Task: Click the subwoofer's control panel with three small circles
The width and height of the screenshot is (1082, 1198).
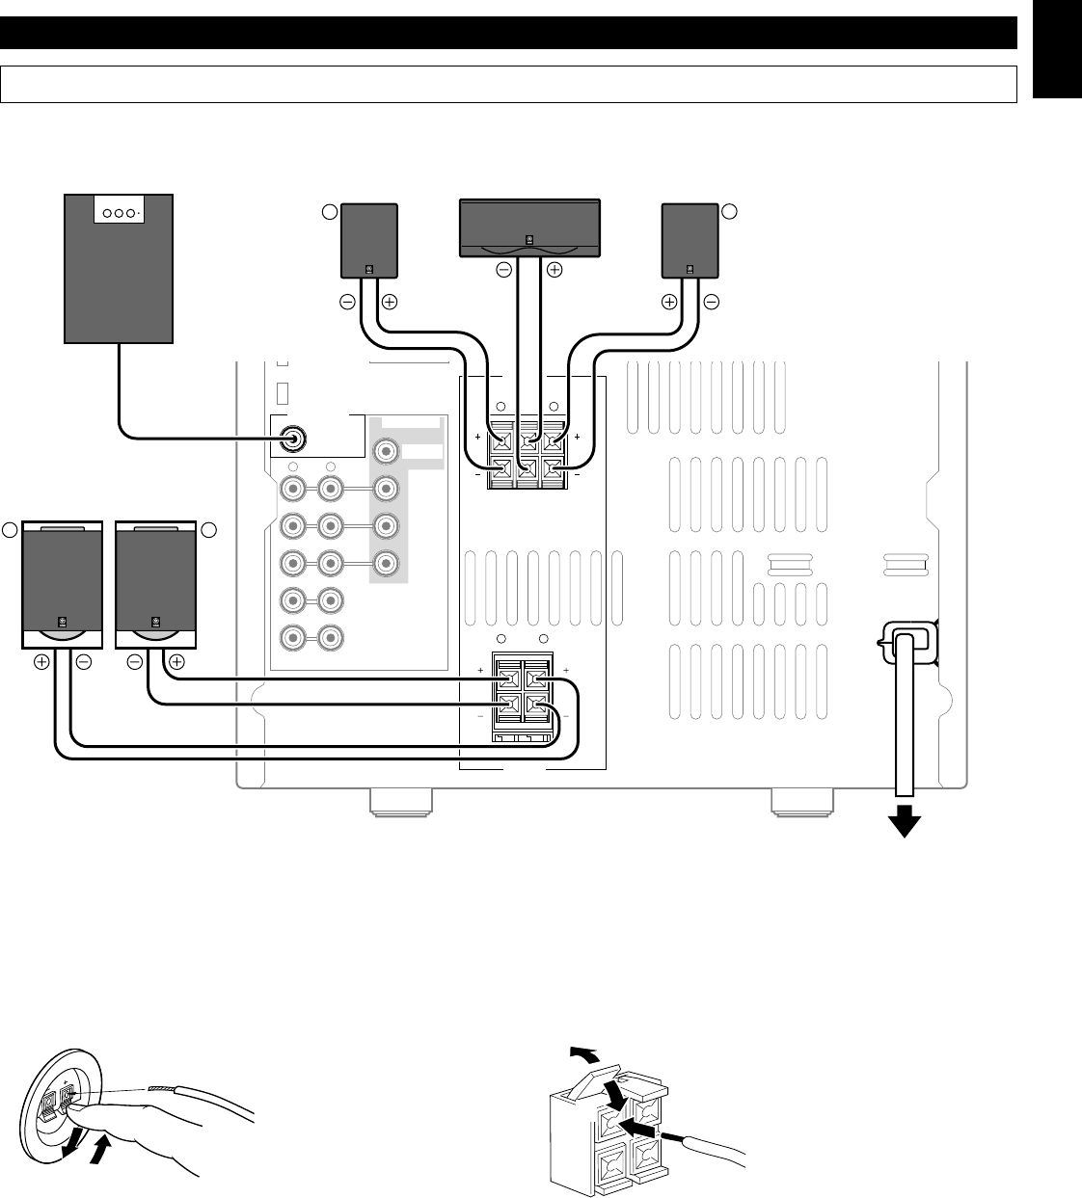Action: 119,213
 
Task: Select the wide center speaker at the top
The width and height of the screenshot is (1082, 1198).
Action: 527,226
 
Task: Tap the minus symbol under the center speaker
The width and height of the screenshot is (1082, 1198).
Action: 503,271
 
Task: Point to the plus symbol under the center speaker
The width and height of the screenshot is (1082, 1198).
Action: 554,271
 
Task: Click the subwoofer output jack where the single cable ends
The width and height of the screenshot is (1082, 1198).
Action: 292,439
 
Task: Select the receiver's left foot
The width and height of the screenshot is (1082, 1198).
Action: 401,802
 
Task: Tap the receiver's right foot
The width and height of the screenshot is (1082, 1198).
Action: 803,802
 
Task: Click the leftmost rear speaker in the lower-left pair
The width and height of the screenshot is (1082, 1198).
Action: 62,585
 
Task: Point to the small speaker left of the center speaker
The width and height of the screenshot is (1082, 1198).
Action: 369,240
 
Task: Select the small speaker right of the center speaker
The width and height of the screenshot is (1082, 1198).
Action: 690,240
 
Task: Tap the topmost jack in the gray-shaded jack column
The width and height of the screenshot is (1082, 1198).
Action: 386,450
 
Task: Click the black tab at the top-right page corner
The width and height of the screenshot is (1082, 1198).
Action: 1056,48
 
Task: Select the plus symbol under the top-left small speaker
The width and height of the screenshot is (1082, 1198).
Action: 389,302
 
